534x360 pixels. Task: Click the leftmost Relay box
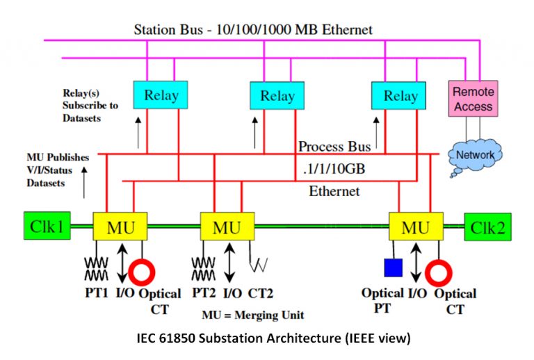point(161,95)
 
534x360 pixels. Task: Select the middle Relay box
point(277,96)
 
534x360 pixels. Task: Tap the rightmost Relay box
point(398,96)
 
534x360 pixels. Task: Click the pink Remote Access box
point(473,99)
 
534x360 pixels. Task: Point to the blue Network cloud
point(475,154)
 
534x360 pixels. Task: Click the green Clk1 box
point(46,227)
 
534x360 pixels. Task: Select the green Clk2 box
point(487,227)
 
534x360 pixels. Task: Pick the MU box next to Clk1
point(119,227)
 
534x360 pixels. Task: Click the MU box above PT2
point(227,227)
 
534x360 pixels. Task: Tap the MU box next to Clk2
point(415,227)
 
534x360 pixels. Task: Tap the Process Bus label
point(331,147)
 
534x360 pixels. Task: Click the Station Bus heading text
point(252,30)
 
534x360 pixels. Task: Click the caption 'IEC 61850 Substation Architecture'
point(273,339)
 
